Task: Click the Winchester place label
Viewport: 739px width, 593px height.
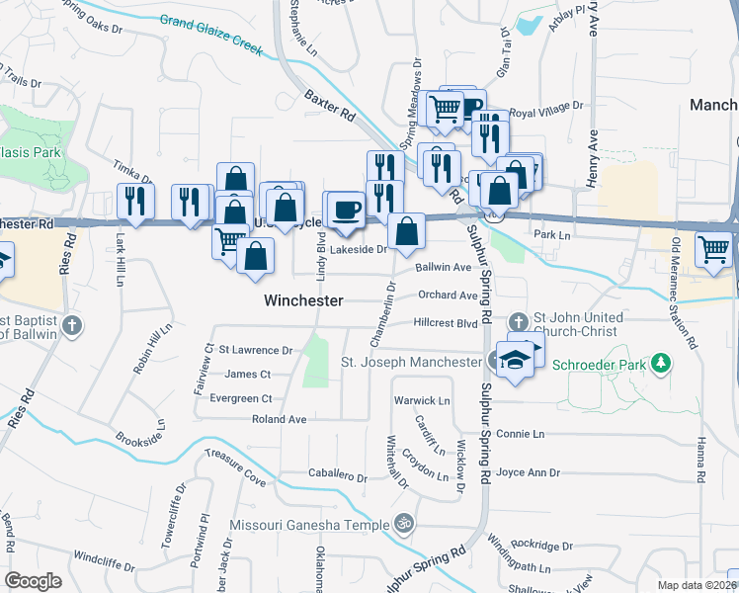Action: [303, 299]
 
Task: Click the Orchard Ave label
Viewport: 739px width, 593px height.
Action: [448, 295]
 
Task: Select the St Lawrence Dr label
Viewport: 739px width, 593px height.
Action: [256, 350]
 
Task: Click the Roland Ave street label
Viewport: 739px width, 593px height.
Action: [279, 419]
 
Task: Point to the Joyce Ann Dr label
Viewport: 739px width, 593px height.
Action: [530, 472]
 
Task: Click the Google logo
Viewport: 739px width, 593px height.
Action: [33, 581]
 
